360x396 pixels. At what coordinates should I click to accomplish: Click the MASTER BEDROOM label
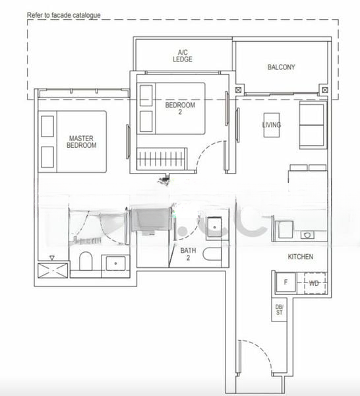click(x=82, y=142)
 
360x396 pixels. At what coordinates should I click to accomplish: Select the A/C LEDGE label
click(x=183, y=55)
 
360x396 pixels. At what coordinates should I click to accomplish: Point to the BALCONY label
click(x=282, y=67)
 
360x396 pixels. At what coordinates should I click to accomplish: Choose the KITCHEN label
click(x=300, y=256)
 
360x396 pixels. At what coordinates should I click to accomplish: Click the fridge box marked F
click(x=285, y=282)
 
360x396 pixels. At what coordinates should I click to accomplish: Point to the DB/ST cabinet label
click(x=279, y=310)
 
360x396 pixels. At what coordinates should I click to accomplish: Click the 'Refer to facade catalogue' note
click(x=64, y=13)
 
